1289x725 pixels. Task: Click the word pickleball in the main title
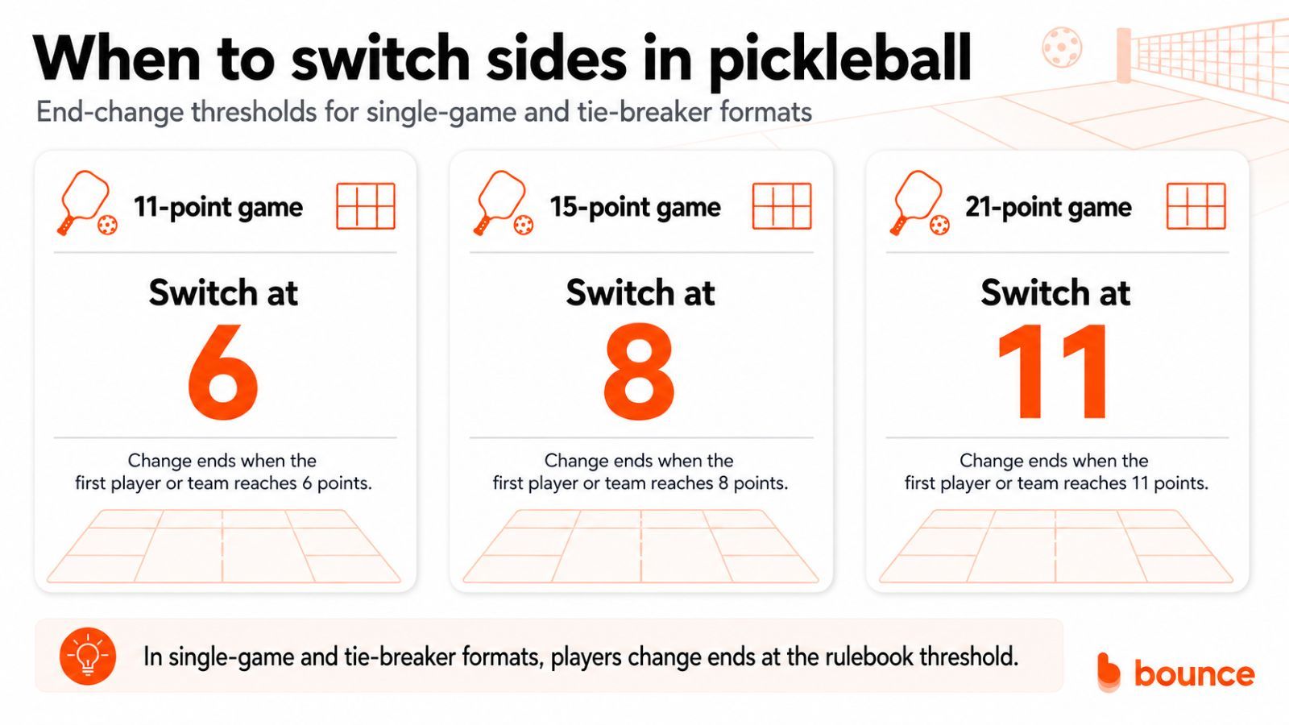click(x=839, y=60)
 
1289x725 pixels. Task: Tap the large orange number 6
click(x=222, y=371)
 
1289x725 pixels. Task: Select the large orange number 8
click(x=639, y=371)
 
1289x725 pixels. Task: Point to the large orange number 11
click(x=1052, y=371)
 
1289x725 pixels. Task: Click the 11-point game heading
click(x=218, y=207)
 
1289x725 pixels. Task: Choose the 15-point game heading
click(x=635, y=207)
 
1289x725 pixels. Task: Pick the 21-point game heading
click(x=1048, y=207)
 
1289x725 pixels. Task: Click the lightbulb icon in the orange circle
click(x=88, y=656)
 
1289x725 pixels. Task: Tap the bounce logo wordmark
click(x=1194, y=673)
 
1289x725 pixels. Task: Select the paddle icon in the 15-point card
click(x=503, y=201)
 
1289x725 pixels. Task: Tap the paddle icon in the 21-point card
click(x=919, y=201)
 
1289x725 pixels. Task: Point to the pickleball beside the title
click(x=1063, y=48)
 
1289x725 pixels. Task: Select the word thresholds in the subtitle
click(x=254, y=112)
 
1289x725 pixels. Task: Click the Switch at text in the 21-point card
click(x=1055, y=292)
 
